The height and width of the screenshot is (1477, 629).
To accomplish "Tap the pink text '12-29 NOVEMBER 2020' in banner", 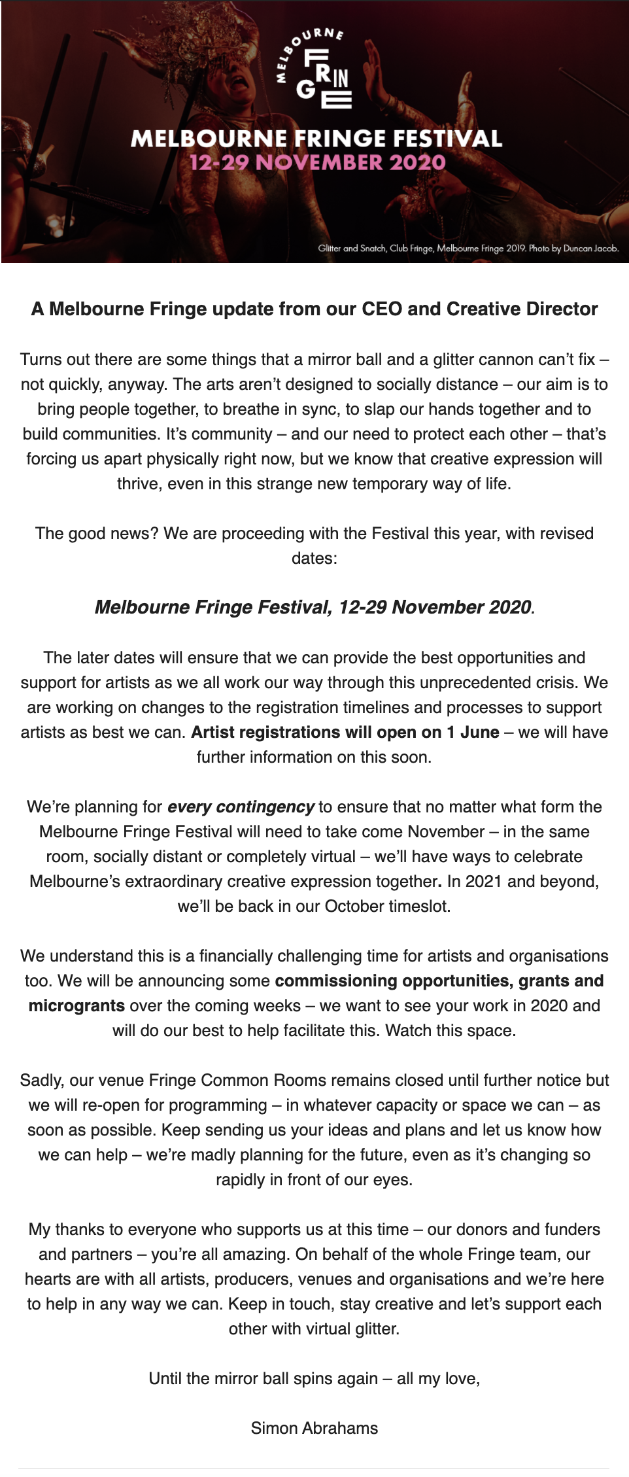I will tap(318, 163).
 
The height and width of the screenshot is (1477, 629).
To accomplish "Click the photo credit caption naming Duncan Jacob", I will tap(468, 249).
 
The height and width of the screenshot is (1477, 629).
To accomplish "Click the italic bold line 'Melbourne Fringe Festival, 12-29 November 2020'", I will tap(314, 607).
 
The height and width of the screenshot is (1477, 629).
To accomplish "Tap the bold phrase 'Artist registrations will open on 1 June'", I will tap(345, 732).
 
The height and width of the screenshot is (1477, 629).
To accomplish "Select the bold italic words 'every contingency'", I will tap(241, 807).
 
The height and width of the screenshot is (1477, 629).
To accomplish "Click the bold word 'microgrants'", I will tap(76, 1005).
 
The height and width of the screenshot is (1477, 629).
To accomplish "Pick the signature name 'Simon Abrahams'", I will tap(314, 1428).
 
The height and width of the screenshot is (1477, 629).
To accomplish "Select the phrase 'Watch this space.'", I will tap(450, 1030).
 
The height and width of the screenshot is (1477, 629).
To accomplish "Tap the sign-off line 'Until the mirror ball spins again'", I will tap(263, 1378).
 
